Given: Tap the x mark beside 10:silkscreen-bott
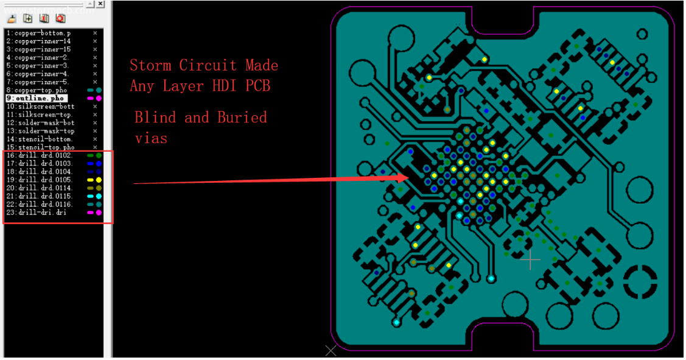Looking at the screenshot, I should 95,106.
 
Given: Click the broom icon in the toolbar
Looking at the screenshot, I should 12,19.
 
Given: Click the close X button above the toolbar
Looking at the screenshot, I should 100,4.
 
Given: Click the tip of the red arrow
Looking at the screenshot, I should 407,177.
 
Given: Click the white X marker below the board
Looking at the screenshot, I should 331,350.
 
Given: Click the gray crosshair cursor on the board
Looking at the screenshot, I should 530,259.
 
